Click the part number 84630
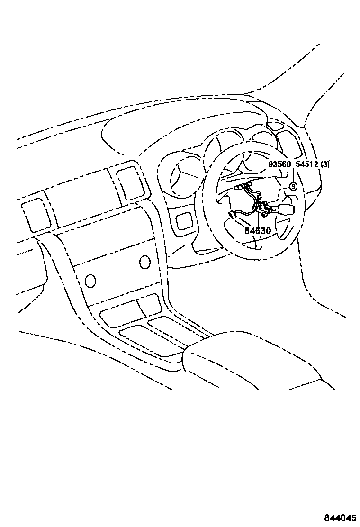(258, 231)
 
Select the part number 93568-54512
(293, 164)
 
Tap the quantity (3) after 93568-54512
(325, 164)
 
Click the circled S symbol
(293, 186)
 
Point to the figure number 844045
(340, 518)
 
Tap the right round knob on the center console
(145, 261)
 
